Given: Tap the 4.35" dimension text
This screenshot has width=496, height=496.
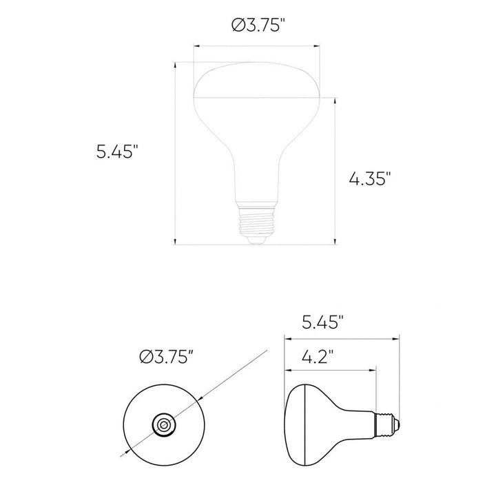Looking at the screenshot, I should [x=370, y=179].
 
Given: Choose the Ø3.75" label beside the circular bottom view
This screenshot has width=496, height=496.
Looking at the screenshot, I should [x=165, y=356].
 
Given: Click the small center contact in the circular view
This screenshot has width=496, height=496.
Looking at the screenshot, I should [x=163, y=425].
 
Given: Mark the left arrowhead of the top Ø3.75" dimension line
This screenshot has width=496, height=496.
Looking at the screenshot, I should [x=196, y=47].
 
